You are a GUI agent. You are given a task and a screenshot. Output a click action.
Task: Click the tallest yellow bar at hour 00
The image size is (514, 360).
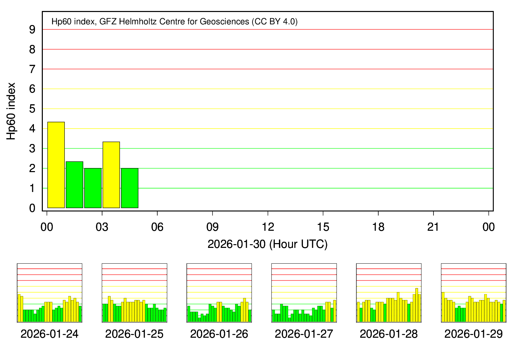coord(56,165)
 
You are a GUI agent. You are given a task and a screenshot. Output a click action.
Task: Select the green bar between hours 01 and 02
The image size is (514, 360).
coord(74,184)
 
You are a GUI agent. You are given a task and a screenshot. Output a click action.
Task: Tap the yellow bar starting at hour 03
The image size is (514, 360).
coord(111,175)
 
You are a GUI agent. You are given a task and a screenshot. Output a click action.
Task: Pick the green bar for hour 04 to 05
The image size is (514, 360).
coord(130,188)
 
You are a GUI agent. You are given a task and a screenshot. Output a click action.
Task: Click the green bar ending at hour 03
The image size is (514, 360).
coord(93,188)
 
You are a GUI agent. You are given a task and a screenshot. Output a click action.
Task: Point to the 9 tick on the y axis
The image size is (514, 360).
coord(32,30)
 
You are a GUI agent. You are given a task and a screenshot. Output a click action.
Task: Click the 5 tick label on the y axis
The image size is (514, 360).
coord(32,109)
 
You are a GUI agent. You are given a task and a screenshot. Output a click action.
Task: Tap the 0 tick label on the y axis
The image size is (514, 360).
coord(32,208)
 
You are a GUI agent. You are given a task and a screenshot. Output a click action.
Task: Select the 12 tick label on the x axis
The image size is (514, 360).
coord(268,227)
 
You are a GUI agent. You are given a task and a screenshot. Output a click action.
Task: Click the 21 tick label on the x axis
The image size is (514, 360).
coord(433,227)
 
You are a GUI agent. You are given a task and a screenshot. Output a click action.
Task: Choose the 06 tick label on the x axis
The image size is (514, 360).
coord(157,227)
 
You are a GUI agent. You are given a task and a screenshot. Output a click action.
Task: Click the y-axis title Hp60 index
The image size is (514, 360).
coord(11,111)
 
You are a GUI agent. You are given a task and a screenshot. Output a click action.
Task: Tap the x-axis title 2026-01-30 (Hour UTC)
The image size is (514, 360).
coord(267,244)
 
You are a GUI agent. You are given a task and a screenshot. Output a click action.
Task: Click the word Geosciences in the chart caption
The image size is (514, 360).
coord(224,22)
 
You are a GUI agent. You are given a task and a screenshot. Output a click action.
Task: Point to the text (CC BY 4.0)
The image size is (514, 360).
coord(274,22)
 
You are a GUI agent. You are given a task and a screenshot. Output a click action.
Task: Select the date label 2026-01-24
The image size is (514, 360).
coord(49,334)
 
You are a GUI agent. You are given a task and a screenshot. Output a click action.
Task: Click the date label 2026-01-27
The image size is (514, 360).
coord(304,334)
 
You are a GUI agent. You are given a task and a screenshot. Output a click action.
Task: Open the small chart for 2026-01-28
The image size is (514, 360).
coord(389,293)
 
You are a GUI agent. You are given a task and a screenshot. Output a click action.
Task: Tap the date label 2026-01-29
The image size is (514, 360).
coord(473,334)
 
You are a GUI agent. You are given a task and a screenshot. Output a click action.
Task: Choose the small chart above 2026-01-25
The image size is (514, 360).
coord(134,293)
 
